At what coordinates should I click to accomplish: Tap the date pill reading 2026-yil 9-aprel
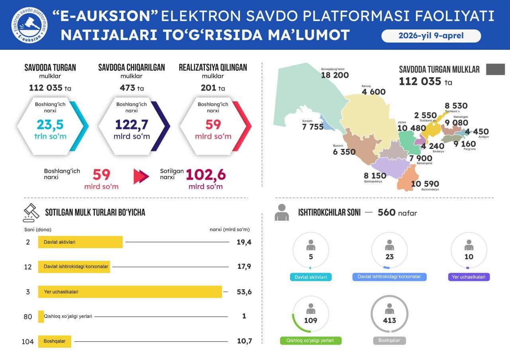(431, 36)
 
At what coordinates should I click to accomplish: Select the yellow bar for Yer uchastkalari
(130, 292)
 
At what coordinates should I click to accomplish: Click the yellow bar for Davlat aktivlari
(80, 242)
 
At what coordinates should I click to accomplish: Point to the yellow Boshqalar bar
(55, 341)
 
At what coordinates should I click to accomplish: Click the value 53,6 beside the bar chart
(244, 292)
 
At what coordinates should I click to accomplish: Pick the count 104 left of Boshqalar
(28, 341)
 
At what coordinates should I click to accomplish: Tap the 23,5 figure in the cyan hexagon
(50, 125)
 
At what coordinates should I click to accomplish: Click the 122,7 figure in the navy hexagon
(131, 125)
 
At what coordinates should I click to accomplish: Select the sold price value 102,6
(206, 175)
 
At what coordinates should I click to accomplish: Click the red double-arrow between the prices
(141, 176)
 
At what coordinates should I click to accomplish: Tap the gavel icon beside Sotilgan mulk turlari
(31, 213)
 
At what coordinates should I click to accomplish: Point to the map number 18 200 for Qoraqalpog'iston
(335, 75)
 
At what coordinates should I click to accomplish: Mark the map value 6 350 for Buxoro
(344, 152)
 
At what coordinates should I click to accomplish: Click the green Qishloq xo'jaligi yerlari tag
(311, 341)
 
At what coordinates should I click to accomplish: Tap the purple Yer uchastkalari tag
(469, 277)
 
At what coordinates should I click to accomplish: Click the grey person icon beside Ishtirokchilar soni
(282, 212)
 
